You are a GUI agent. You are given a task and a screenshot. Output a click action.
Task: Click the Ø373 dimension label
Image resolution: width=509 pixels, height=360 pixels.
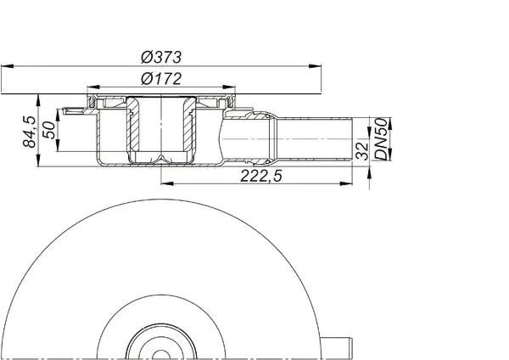click(161, 57)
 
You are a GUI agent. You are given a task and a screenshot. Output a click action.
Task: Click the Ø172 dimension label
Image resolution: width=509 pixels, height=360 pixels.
click(161, 79)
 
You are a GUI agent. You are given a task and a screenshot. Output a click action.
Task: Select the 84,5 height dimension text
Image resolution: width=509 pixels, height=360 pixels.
click(30, 132)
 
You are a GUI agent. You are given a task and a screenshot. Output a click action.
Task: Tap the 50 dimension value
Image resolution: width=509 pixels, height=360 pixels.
click(49, 130)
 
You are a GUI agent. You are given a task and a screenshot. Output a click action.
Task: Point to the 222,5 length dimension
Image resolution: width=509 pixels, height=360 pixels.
click(261, 176)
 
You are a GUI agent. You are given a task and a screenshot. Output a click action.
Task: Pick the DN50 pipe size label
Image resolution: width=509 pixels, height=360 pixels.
click(382, 139)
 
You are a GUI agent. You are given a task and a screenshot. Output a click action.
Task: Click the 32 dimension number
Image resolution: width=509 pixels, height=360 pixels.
click(362, 151)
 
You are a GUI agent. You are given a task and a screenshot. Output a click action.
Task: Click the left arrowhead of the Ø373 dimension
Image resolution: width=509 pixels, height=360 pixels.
click(7, 66)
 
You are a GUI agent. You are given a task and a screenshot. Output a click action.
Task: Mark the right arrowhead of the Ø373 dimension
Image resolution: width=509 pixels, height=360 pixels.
click(315, 66)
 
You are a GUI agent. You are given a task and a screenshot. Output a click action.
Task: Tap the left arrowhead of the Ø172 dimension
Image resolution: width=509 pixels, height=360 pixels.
click(93, 87)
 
